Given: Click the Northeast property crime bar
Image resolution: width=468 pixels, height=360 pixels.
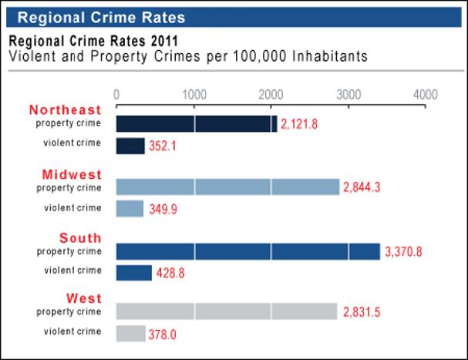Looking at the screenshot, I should click(196, 123).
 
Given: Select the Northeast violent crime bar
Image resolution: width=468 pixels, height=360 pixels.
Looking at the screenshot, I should click(130, 146).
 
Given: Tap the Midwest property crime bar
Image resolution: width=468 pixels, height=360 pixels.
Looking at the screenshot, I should click(227, 187).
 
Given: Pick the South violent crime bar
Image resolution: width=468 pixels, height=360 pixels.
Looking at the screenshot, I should click(133, 273).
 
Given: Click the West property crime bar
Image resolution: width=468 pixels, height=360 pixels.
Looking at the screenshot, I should click(227, 311).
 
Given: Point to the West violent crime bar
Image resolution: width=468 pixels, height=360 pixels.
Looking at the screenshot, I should click(130, 333).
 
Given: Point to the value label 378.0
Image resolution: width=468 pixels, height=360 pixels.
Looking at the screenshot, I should click(165, 335).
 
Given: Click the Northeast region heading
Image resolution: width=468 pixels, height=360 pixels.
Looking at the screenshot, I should click(66, 109).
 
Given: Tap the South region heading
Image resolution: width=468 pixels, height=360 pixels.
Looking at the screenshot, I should click(80, 237).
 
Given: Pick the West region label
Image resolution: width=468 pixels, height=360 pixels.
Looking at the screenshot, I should click(83, 298).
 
